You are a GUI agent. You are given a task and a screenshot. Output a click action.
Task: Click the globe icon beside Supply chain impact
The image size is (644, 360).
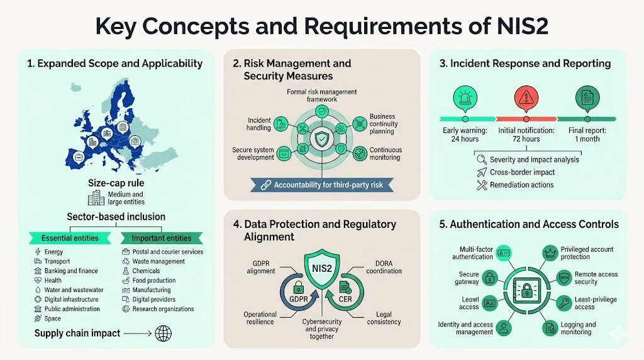[163, 333]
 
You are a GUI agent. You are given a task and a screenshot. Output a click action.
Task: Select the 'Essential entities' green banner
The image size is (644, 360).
[70, 238]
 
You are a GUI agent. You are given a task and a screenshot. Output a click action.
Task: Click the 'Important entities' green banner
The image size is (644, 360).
[160, 238]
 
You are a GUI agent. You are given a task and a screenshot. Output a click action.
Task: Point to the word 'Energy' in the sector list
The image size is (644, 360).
[53, 252]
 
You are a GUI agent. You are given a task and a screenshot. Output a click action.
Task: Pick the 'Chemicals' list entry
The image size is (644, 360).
[146, 271]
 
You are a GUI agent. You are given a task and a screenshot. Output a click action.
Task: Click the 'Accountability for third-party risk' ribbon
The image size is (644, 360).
[323, 185]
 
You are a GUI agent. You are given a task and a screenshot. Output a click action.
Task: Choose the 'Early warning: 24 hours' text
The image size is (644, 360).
[465, 135]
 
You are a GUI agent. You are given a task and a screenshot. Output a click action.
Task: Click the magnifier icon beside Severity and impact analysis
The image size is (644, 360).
[482, 160]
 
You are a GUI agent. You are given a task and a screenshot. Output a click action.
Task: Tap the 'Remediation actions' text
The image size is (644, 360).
[521, 185]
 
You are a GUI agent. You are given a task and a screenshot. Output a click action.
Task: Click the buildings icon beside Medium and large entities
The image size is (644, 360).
[96, 198]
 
